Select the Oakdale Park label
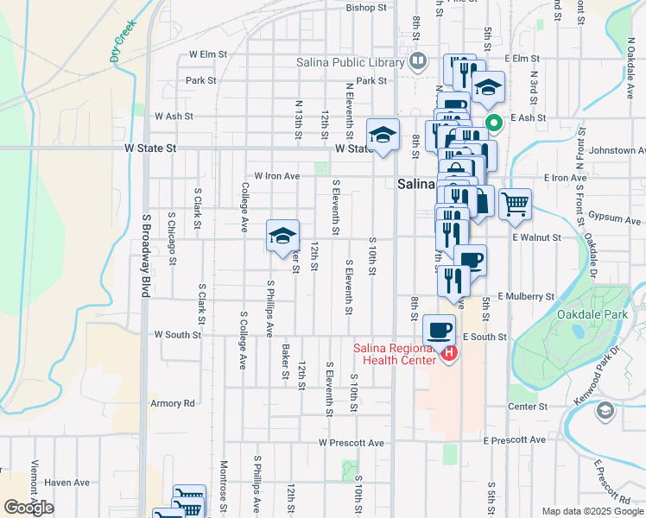point(592,315)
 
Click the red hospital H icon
point(448,354)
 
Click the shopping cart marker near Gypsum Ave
point(515,205)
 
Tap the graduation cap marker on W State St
point(383,135)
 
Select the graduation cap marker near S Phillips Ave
point(282,236)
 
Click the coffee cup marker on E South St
point(439,330)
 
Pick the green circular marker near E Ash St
point(494,123)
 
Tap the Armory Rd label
point(173,403)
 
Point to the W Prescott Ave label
point(351,443)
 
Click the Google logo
point(29,508)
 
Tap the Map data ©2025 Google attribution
point(592,511)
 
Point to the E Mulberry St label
point(525,296)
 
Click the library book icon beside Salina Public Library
point(418,61)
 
